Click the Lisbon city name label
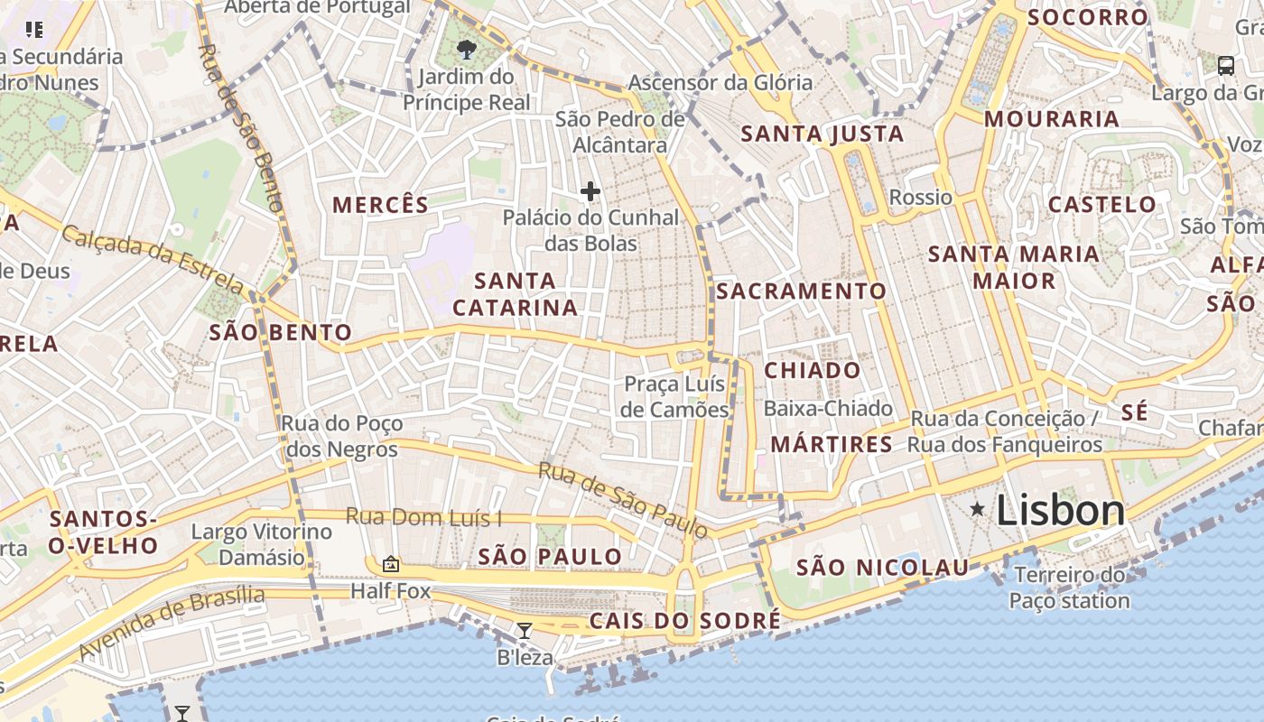[1060, 511]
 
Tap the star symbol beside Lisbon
[977, 510]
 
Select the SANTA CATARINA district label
[515, 294]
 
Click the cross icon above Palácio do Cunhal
[590, 191]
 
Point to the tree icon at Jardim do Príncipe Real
[467, 49]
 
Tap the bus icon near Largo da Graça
[1226, 65]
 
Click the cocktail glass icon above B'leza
[524, 630]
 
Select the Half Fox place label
[390, 592]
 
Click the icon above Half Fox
[390, 564]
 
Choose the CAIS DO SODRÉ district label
[684, 621]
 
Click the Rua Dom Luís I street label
[424, 517]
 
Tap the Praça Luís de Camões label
[676, 397]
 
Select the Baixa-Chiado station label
[828, 409]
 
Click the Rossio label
[920, 198]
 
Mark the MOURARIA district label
[1051, 119]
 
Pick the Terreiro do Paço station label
[1069, 588]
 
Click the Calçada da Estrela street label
[153, 260]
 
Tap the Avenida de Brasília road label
[172, 624]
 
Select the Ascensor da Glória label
[720, 83]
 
